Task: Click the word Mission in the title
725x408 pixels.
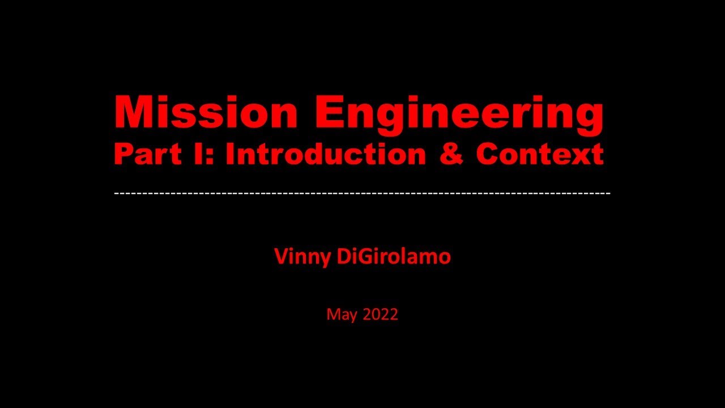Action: point(206,112)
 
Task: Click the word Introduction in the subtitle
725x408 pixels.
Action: point(325,154)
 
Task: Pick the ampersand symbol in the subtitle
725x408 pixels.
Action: point(451,154)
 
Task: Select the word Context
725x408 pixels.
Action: point(540,154)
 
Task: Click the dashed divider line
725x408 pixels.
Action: point(362,193)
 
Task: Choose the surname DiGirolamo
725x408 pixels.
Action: point(394,257)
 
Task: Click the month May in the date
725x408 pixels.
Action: point(342,314)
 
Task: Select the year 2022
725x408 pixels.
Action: point(381,314)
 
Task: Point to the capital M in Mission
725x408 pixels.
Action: point(132,112)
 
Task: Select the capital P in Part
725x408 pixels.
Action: point(122,154)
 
